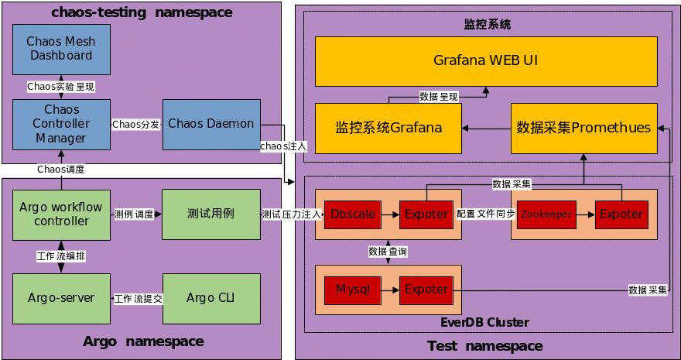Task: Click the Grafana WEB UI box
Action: point(486,60)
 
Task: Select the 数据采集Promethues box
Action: point(583,128)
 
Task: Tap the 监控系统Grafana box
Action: point(388,128)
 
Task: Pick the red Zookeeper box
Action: point(548,213)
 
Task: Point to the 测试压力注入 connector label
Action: point(291,214)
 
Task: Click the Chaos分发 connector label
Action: point(136,124)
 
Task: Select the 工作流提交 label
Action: point(137,298)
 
